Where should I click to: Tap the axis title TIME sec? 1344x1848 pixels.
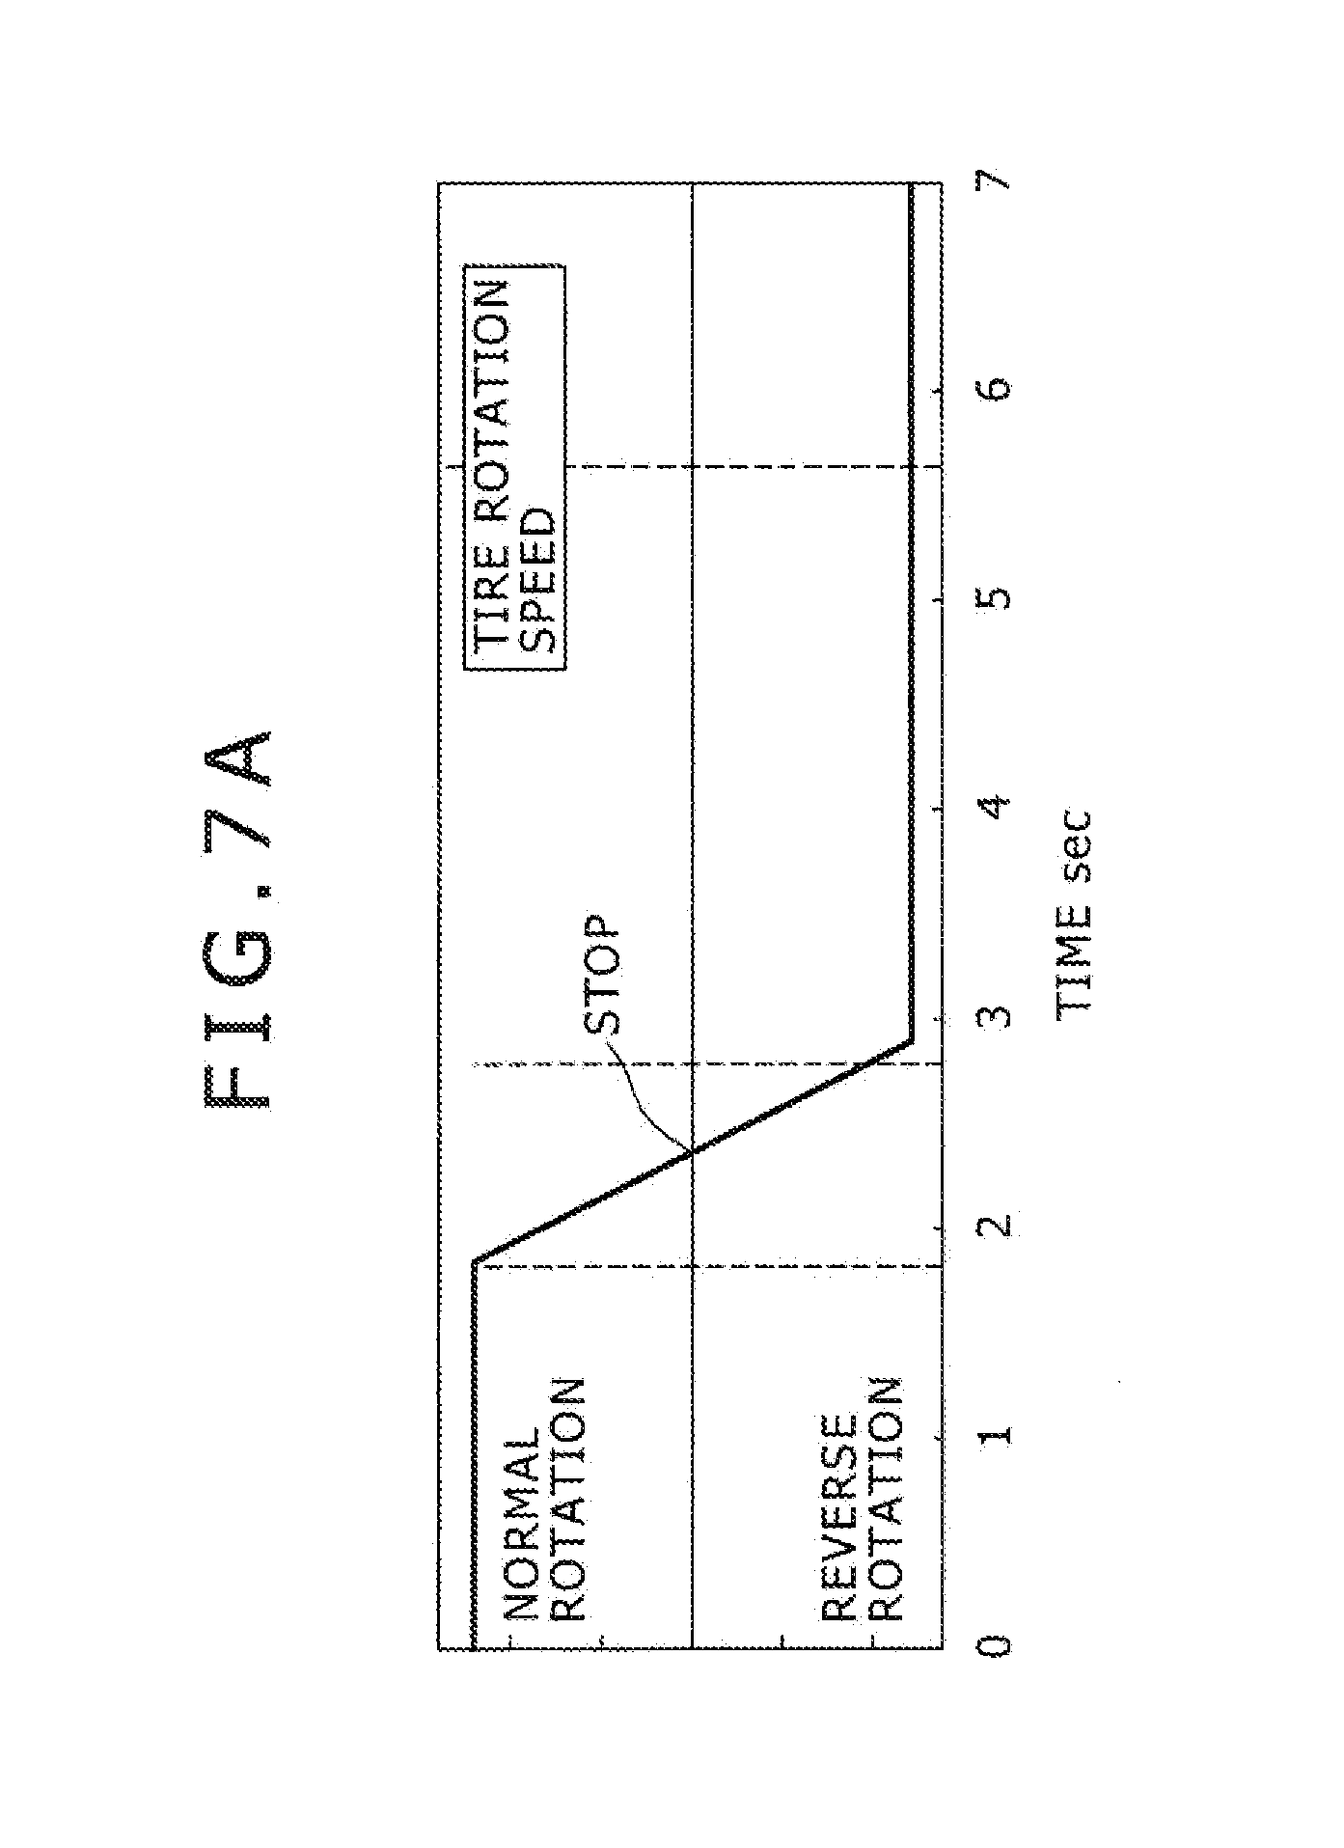point(1073,911)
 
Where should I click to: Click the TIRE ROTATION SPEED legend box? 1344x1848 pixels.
point(513,467)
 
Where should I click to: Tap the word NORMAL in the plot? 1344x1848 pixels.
point(522,1524)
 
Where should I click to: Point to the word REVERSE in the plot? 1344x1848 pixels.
point(839,1518)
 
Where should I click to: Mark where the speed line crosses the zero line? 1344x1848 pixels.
point(693,1149)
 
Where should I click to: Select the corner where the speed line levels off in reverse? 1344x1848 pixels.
point(910,1041)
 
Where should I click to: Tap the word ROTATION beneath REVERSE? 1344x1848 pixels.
point(884,1499)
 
